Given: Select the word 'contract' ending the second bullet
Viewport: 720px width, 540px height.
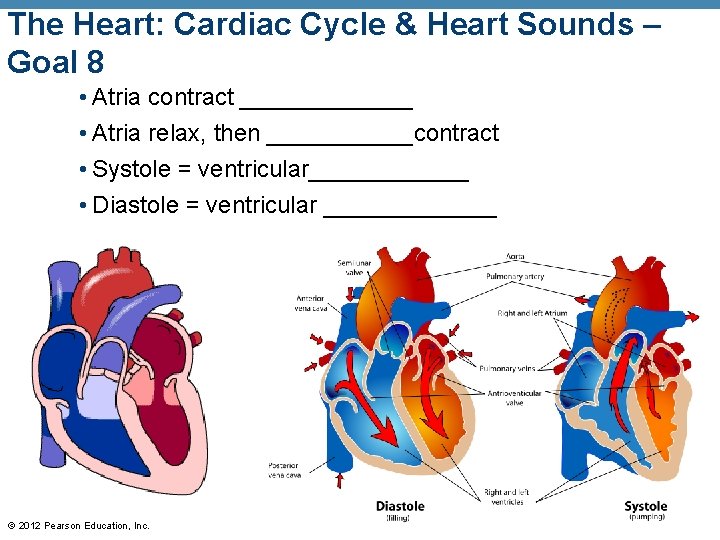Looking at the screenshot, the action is pos(456,133).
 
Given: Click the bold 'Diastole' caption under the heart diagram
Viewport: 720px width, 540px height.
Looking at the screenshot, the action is pos(400,506).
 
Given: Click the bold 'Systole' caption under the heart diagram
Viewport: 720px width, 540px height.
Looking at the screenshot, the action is pos(645,506).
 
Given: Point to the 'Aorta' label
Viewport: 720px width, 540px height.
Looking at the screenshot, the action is pos(515,256).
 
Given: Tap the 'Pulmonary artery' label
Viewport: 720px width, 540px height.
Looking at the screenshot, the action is pos(514,276).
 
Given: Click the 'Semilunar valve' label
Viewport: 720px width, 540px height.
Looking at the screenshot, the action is pos(354,267).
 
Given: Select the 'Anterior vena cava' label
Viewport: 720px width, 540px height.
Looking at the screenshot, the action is pos(311,303).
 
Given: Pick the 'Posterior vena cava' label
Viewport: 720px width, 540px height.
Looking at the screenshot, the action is pos(284,470).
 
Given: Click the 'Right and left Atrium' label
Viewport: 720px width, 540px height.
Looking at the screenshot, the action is pos(532,314).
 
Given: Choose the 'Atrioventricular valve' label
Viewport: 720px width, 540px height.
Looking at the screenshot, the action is pos(514,398).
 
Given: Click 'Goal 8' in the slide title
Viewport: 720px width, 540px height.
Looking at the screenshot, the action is pos(55,63).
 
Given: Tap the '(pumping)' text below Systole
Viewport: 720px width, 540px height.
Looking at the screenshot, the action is pos(646,518).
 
